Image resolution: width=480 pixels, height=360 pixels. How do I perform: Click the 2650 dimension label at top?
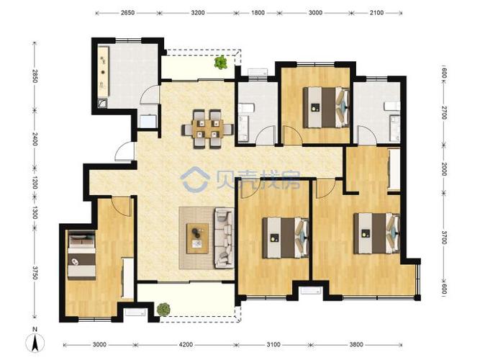127,13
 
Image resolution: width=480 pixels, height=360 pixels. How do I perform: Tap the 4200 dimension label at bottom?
186,345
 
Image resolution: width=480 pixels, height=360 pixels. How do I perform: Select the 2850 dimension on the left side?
35,76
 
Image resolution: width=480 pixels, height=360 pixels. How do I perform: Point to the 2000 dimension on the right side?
444,168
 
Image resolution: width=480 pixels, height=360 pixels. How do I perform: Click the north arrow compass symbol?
35,341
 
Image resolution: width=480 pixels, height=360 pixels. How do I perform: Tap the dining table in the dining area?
207,129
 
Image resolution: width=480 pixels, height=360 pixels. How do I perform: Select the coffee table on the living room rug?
197,238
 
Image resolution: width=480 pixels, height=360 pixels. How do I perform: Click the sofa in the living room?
224,238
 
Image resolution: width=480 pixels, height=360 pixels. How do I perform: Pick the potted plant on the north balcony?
221,63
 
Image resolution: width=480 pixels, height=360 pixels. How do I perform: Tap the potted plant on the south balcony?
163,310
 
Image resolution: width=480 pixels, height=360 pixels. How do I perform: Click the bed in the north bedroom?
326,107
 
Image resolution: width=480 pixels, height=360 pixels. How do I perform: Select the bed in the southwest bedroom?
81,255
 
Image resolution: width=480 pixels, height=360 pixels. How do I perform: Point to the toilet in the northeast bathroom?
392,107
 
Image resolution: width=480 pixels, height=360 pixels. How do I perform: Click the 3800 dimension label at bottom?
356,345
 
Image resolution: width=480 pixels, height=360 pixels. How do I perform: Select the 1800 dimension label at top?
258,13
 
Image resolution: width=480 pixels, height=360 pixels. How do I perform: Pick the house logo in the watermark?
195,179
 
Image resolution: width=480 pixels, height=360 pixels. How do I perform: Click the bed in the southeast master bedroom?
376,233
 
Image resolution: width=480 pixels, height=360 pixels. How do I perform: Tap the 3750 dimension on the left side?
35,272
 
